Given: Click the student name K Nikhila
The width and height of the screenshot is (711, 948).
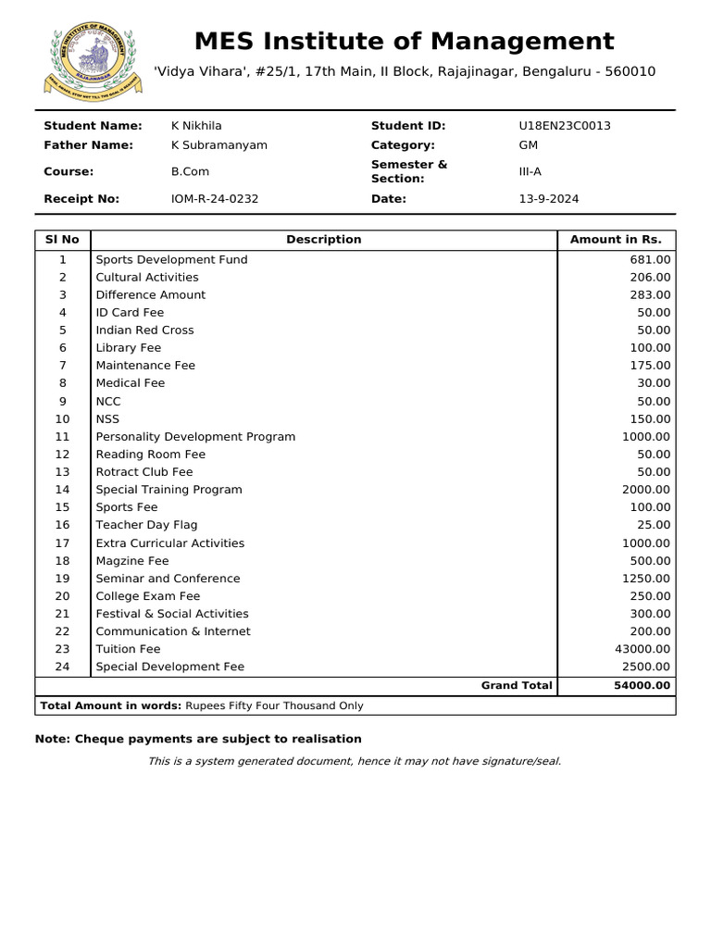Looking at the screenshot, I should [x=196, y=126].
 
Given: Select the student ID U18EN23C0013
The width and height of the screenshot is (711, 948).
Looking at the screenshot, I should [x=565, y=126].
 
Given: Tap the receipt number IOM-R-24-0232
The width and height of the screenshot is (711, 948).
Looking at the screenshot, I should [x=215, y=199].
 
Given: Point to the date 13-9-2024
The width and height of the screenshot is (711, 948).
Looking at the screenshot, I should [x=549, y=199].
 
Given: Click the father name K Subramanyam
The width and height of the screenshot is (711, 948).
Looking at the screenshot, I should [x=219, y=145].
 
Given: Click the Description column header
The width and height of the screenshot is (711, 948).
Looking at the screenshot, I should [x=324, y=240].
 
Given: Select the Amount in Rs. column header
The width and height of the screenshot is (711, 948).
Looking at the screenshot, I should [x=616, y=240].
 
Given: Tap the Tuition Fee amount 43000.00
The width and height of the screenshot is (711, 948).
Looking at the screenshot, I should [x=643, y=650].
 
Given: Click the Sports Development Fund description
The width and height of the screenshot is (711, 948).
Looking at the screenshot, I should [x=171, y=260].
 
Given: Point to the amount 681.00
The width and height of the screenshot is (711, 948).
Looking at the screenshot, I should [x=651, y=260].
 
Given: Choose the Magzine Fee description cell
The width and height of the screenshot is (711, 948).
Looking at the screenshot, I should [x=132, y=561].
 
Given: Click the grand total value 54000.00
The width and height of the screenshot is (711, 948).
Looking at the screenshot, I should [x=642, y=686].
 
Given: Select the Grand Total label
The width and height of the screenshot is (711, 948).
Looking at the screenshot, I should [x=517, y=686].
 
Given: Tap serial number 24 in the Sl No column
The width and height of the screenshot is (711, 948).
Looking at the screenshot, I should [x=62, y=667].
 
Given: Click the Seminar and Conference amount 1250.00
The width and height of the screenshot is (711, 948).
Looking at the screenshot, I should [x=647, y=579].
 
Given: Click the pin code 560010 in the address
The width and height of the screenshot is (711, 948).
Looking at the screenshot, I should [x=630, y=72].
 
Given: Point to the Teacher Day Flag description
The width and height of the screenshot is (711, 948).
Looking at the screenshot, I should [x=146, y=526].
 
